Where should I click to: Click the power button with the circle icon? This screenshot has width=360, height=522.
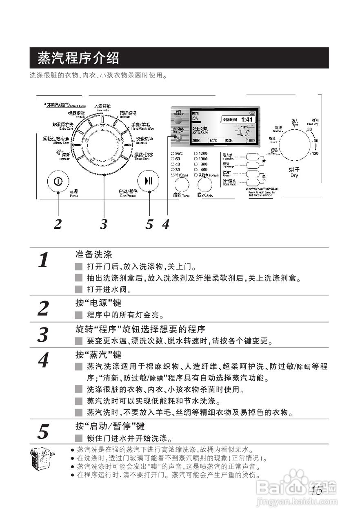click(58, 181)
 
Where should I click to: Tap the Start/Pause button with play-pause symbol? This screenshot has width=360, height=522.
click(149, 181)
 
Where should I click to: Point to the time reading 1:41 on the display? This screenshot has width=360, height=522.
click(247, 119)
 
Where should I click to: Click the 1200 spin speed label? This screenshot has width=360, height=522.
click(202, 153)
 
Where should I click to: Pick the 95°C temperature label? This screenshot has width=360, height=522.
click(178, 153)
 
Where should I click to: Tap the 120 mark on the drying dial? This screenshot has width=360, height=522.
click(315, 153)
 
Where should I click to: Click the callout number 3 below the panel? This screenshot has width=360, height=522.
click(104, 224)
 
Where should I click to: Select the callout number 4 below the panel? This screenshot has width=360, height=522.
click(165, 224)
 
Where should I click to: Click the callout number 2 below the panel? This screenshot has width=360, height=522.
click(58, 224)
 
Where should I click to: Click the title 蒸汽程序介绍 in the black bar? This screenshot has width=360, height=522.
click(78, 58)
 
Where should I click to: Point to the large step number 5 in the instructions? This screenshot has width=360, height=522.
click(43, 431)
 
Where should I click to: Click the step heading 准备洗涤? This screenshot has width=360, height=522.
click(93, 255)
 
